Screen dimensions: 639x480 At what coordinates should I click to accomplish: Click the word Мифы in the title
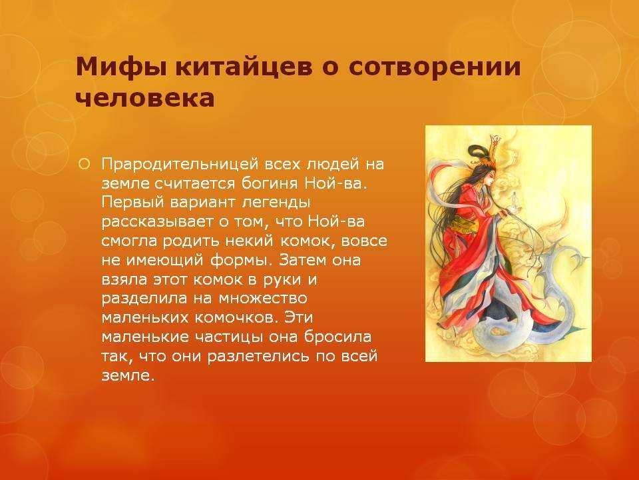pos(121,67)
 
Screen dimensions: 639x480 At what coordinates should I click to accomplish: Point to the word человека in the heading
pos(145,98)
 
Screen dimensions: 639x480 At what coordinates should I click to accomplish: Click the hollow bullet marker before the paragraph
pos(84,165)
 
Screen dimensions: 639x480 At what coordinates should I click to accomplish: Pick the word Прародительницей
pos(180,165)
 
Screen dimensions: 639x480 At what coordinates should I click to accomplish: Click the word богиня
pos(270,183)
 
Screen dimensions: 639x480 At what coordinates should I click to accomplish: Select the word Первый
pos(132,203)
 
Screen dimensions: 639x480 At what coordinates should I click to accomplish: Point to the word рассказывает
pos(158,222)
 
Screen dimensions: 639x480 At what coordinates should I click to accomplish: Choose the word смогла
pos(129,241)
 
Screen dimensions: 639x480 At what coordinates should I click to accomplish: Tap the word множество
pos(263,299)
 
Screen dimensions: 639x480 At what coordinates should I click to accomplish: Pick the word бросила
pos(337,337)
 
